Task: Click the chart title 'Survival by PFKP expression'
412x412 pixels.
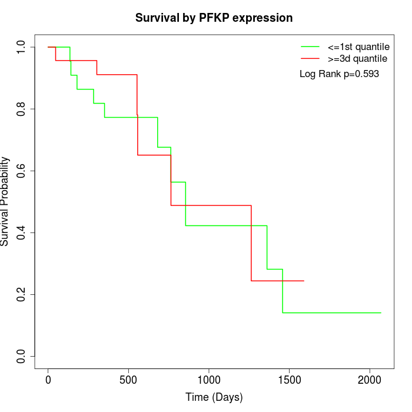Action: [x=214, y=18]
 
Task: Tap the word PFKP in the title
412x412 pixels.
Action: [x=215, y=18]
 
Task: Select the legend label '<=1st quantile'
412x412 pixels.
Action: [x=358, y=46]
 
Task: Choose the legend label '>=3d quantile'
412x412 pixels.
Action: [x=357, y=58]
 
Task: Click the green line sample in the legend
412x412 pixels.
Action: [x=310, y=46]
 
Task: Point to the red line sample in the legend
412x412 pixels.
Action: [x=310, y=58]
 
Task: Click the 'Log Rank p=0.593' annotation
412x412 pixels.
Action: [x=339, y=74]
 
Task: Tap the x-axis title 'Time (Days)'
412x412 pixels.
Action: [x=214, y=397]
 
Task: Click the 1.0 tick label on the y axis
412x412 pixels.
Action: [x=22, y=47]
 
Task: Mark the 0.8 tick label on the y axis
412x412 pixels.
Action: [x=22, y=109]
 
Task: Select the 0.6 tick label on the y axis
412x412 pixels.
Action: [x=22, y=171]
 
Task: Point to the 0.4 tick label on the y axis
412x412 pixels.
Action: [x=22, y=232]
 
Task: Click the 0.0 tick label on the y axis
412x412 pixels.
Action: [x=22, y=356]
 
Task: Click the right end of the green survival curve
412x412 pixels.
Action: [x=381, y=313]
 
